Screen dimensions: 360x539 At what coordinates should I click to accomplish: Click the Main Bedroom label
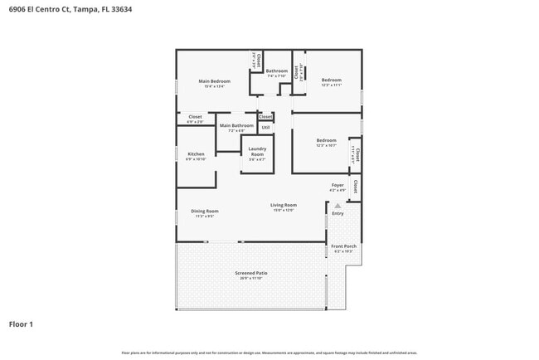214,80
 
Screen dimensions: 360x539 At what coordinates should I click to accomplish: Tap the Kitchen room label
196,153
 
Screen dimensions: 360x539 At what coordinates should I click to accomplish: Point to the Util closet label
265,127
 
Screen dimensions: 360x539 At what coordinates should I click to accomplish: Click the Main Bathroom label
236,125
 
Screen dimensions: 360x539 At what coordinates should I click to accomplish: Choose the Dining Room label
205,211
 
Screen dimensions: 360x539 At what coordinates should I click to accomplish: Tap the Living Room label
284,205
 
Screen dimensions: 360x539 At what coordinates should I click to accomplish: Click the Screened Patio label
250,273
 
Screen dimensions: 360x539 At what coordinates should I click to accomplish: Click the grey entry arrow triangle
337,205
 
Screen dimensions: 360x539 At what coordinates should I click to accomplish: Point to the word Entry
337,214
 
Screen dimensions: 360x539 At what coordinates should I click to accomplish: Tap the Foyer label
337,185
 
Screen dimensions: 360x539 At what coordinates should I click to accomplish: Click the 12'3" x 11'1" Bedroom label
331,80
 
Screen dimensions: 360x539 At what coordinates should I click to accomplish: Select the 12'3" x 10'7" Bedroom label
326,140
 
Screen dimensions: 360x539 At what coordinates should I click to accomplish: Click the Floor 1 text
21,324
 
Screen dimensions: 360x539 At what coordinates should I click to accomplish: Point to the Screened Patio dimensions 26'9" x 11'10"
250,278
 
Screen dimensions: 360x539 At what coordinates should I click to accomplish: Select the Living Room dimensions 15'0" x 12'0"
284,210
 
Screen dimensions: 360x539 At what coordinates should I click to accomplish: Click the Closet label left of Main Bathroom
195,117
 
